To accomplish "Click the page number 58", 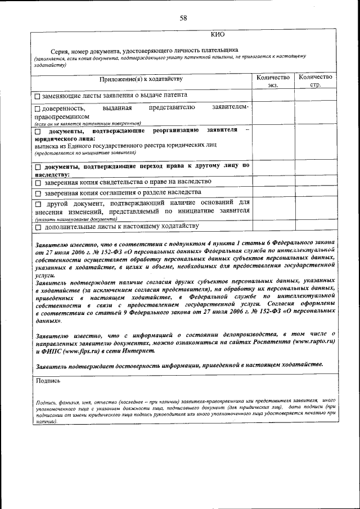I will pyautogui.click(x=183, y=18).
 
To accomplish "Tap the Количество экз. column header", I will pyautogui.click(x=273, y=81).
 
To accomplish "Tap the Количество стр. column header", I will pyautogui.click(x=315, y=81).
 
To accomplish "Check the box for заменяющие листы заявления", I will pyautogui.click(x=38, y=96).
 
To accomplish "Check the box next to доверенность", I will pyautogui.click(x=38, y=108).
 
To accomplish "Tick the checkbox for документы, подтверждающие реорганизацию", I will pyautogui.click(x=38, y=132).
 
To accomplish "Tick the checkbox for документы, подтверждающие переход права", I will pyautogui.click(x=38, y=167).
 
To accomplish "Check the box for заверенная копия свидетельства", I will pyautogui.click(x=38, y=183).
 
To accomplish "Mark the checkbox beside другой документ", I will pyautogui.click(x=38, y=204).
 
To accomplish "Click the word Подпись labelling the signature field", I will pyautogui.click(x=48, y=380).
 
